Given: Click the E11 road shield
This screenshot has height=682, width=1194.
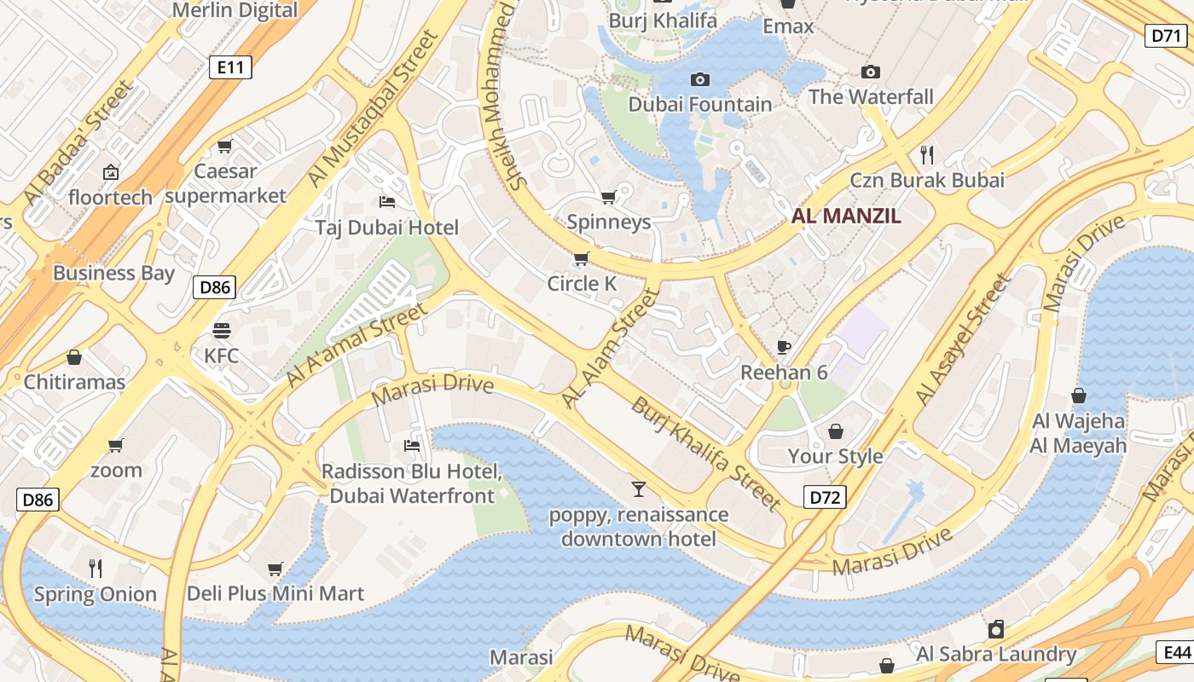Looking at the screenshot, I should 230,67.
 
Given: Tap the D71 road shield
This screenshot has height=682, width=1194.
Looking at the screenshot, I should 1164,35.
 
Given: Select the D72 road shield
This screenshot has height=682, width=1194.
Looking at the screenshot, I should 825,497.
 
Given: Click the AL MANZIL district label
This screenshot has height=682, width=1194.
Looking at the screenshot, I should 846,216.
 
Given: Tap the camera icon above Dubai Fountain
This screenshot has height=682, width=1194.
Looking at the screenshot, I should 699,79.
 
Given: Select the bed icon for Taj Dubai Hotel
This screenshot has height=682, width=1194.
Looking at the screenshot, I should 386,202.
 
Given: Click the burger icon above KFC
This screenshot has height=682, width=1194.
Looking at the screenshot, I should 222,330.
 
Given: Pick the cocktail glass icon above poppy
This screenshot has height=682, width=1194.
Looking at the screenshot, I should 638,489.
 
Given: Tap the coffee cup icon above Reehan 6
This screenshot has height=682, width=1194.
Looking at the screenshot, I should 784,347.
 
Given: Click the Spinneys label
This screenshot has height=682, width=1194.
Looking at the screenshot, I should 609,223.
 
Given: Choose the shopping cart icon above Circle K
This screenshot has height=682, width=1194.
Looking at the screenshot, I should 582,258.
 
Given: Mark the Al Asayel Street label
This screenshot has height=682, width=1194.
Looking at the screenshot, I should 962,338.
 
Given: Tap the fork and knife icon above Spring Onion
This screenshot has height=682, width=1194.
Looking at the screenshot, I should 96,568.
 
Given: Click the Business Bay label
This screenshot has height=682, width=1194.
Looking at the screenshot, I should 113,274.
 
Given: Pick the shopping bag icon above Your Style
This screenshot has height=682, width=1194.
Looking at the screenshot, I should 835,431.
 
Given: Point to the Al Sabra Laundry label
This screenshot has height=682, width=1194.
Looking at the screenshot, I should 996,655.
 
